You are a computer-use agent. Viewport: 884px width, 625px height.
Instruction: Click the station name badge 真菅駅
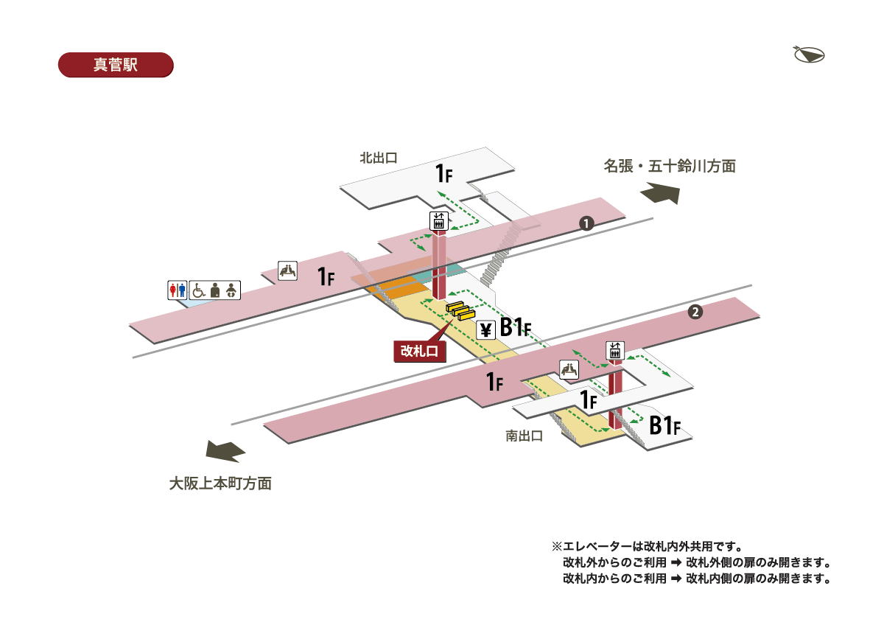pos(115,64)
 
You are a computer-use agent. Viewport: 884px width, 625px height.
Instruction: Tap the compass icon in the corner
pos(809,55)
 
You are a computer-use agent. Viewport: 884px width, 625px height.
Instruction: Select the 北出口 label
pos(379,158)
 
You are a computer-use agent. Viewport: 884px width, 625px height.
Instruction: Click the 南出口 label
pos(525,436)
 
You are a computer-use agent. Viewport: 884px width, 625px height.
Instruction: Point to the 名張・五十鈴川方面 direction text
pos(670,167)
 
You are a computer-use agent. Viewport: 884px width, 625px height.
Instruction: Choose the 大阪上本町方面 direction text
pos(220,484)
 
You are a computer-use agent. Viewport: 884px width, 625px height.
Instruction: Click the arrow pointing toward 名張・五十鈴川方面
pos(659,193)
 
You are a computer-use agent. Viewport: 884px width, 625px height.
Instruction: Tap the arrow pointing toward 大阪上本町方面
pos(225,451)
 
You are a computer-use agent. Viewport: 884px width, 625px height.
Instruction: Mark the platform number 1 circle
pos(586,223)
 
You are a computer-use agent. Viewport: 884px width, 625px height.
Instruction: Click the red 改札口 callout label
pos(419,351)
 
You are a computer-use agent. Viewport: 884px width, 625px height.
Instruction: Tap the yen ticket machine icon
pos(485,329)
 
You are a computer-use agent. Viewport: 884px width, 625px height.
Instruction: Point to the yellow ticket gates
pos(458,311)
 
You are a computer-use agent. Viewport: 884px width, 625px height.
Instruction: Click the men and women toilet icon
pos(178,290)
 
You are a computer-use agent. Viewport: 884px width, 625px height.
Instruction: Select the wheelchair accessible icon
pos(198,290)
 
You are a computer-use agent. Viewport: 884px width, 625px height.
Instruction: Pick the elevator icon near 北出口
pos(439,220)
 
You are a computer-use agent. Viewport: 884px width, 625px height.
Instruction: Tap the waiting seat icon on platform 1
pos(287,270)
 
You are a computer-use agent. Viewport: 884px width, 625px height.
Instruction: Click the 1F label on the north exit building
pos(443,174)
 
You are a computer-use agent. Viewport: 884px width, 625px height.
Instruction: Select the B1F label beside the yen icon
pos(516,327)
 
